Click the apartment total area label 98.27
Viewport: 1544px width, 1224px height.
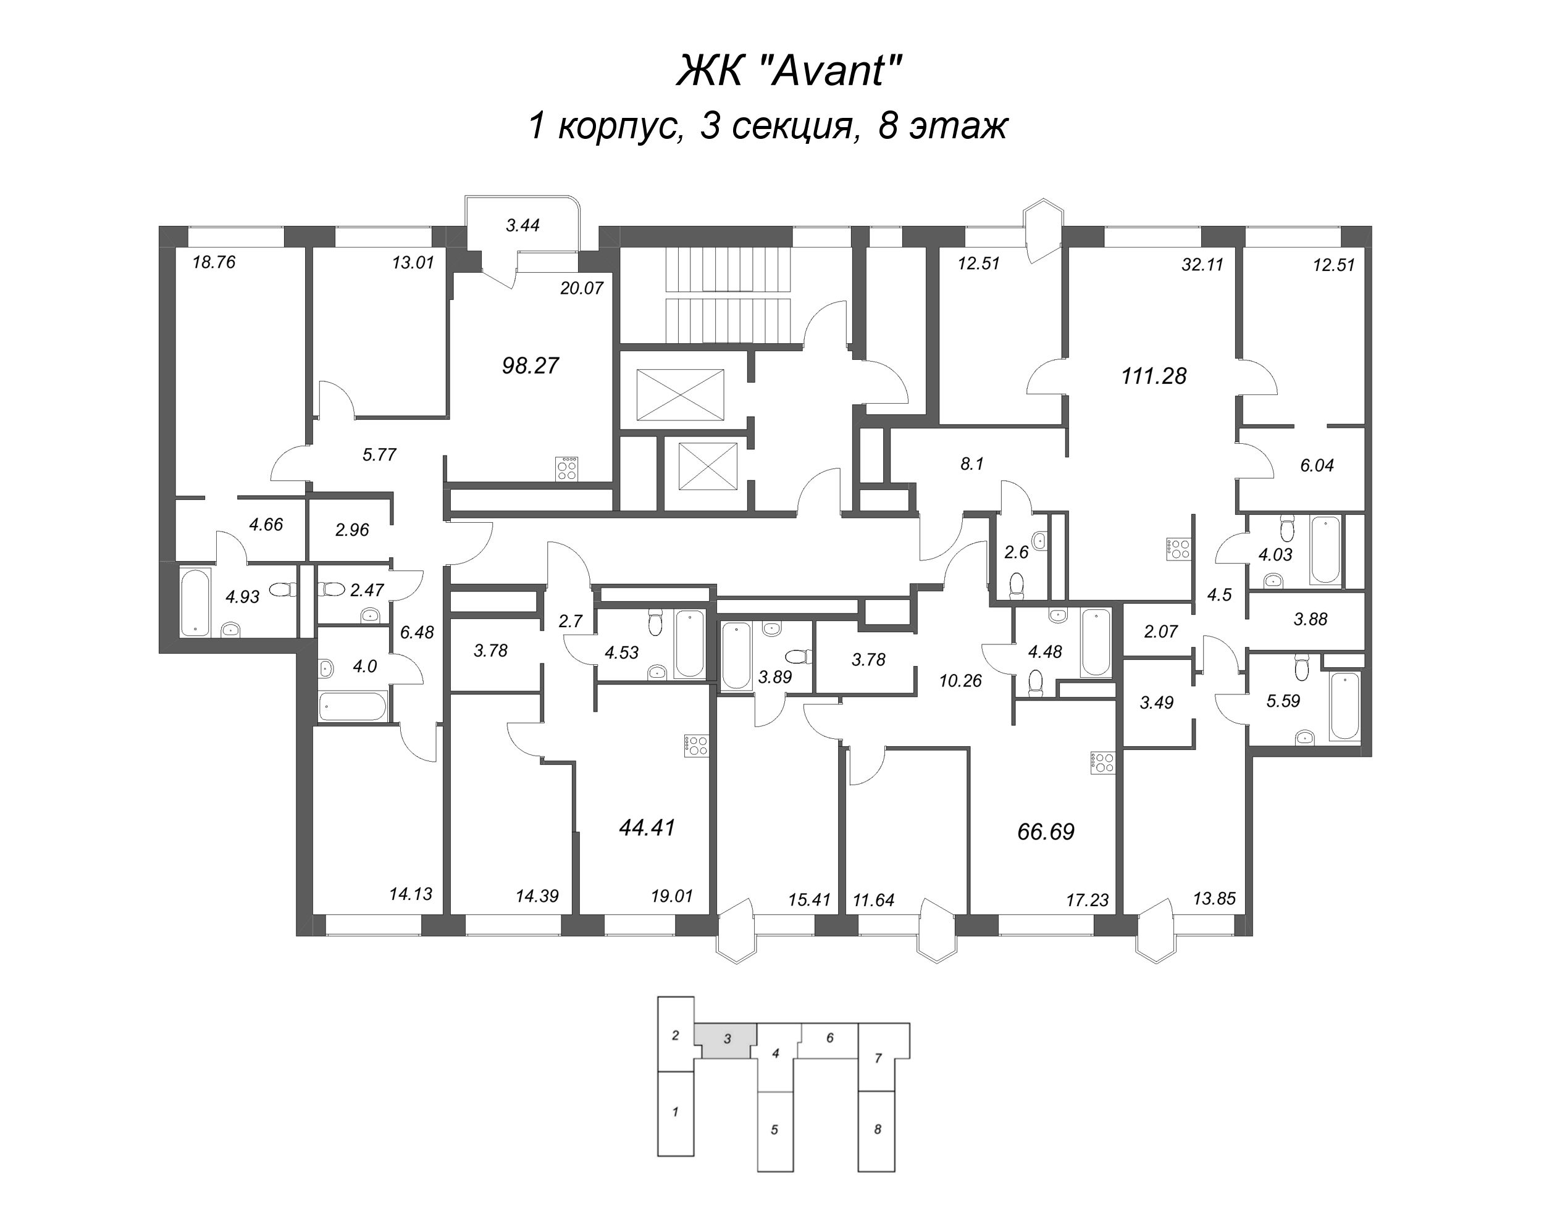pyautogui.click(x=530, y=366)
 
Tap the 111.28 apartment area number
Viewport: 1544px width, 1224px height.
pyautogui.click(x=1154, y=375)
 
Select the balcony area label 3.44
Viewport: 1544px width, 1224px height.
pyautogui.click(x=522, y=225)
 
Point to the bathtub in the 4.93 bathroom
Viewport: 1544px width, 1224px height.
pyautogui.click(x=194, y=601)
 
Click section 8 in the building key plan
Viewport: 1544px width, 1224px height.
pyautogui.click(x=877, y=1130)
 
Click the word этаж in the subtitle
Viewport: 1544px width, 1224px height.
pyautogui.click(x=958, y=126)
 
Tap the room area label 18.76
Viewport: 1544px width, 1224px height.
pyautogui.click(x=214, y=263)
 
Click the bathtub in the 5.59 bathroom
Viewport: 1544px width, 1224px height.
pyautogui.click(x=1344, y=704)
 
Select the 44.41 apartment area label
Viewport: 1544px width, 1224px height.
pyautogui.click(x=647, y=828)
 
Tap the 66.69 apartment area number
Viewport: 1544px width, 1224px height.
pyautogui.click(x=1046, y=832)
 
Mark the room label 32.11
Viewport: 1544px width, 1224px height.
pyautogui.click(x=1202, y=265)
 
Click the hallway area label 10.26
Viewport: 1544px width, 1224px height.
pyautogui.click(x=960, y=681)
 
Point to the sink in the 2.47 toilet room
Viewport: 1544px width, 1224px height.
pyautogui.click(x=369, y=615)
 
